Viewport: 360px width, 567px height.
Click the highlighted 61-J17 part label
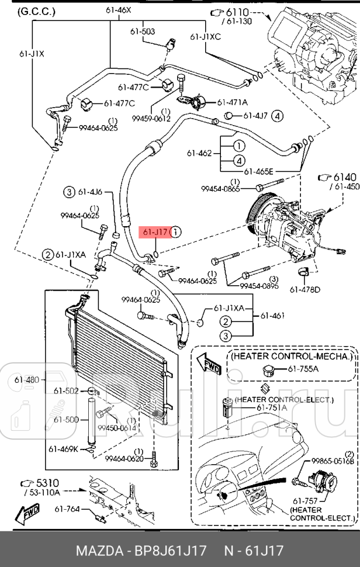155,232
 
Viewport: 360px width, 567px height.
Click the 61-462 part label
199,154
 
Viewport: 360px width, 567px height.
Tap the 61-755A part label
303,369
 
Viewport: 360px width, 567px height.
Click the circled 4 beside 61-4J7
277,116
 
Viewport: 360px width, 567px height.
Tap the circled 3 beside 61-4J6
69,191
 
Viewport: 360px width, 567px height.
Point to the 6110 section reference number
237,12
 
